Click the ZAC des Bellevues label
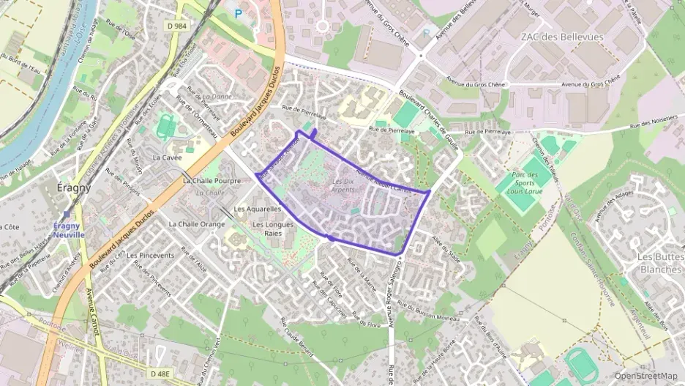pos(562,37)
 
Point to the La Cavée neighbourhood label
pos(167,157)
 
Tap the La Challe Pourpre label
pos(212,180)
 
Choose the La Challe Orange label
pos(197,224)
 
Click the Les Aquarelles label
pos(257,209)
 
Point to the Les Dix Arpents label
pos(343,185)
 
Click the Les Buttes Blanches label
pos(660,262)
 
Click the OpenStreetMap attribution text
pos(645,376)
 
